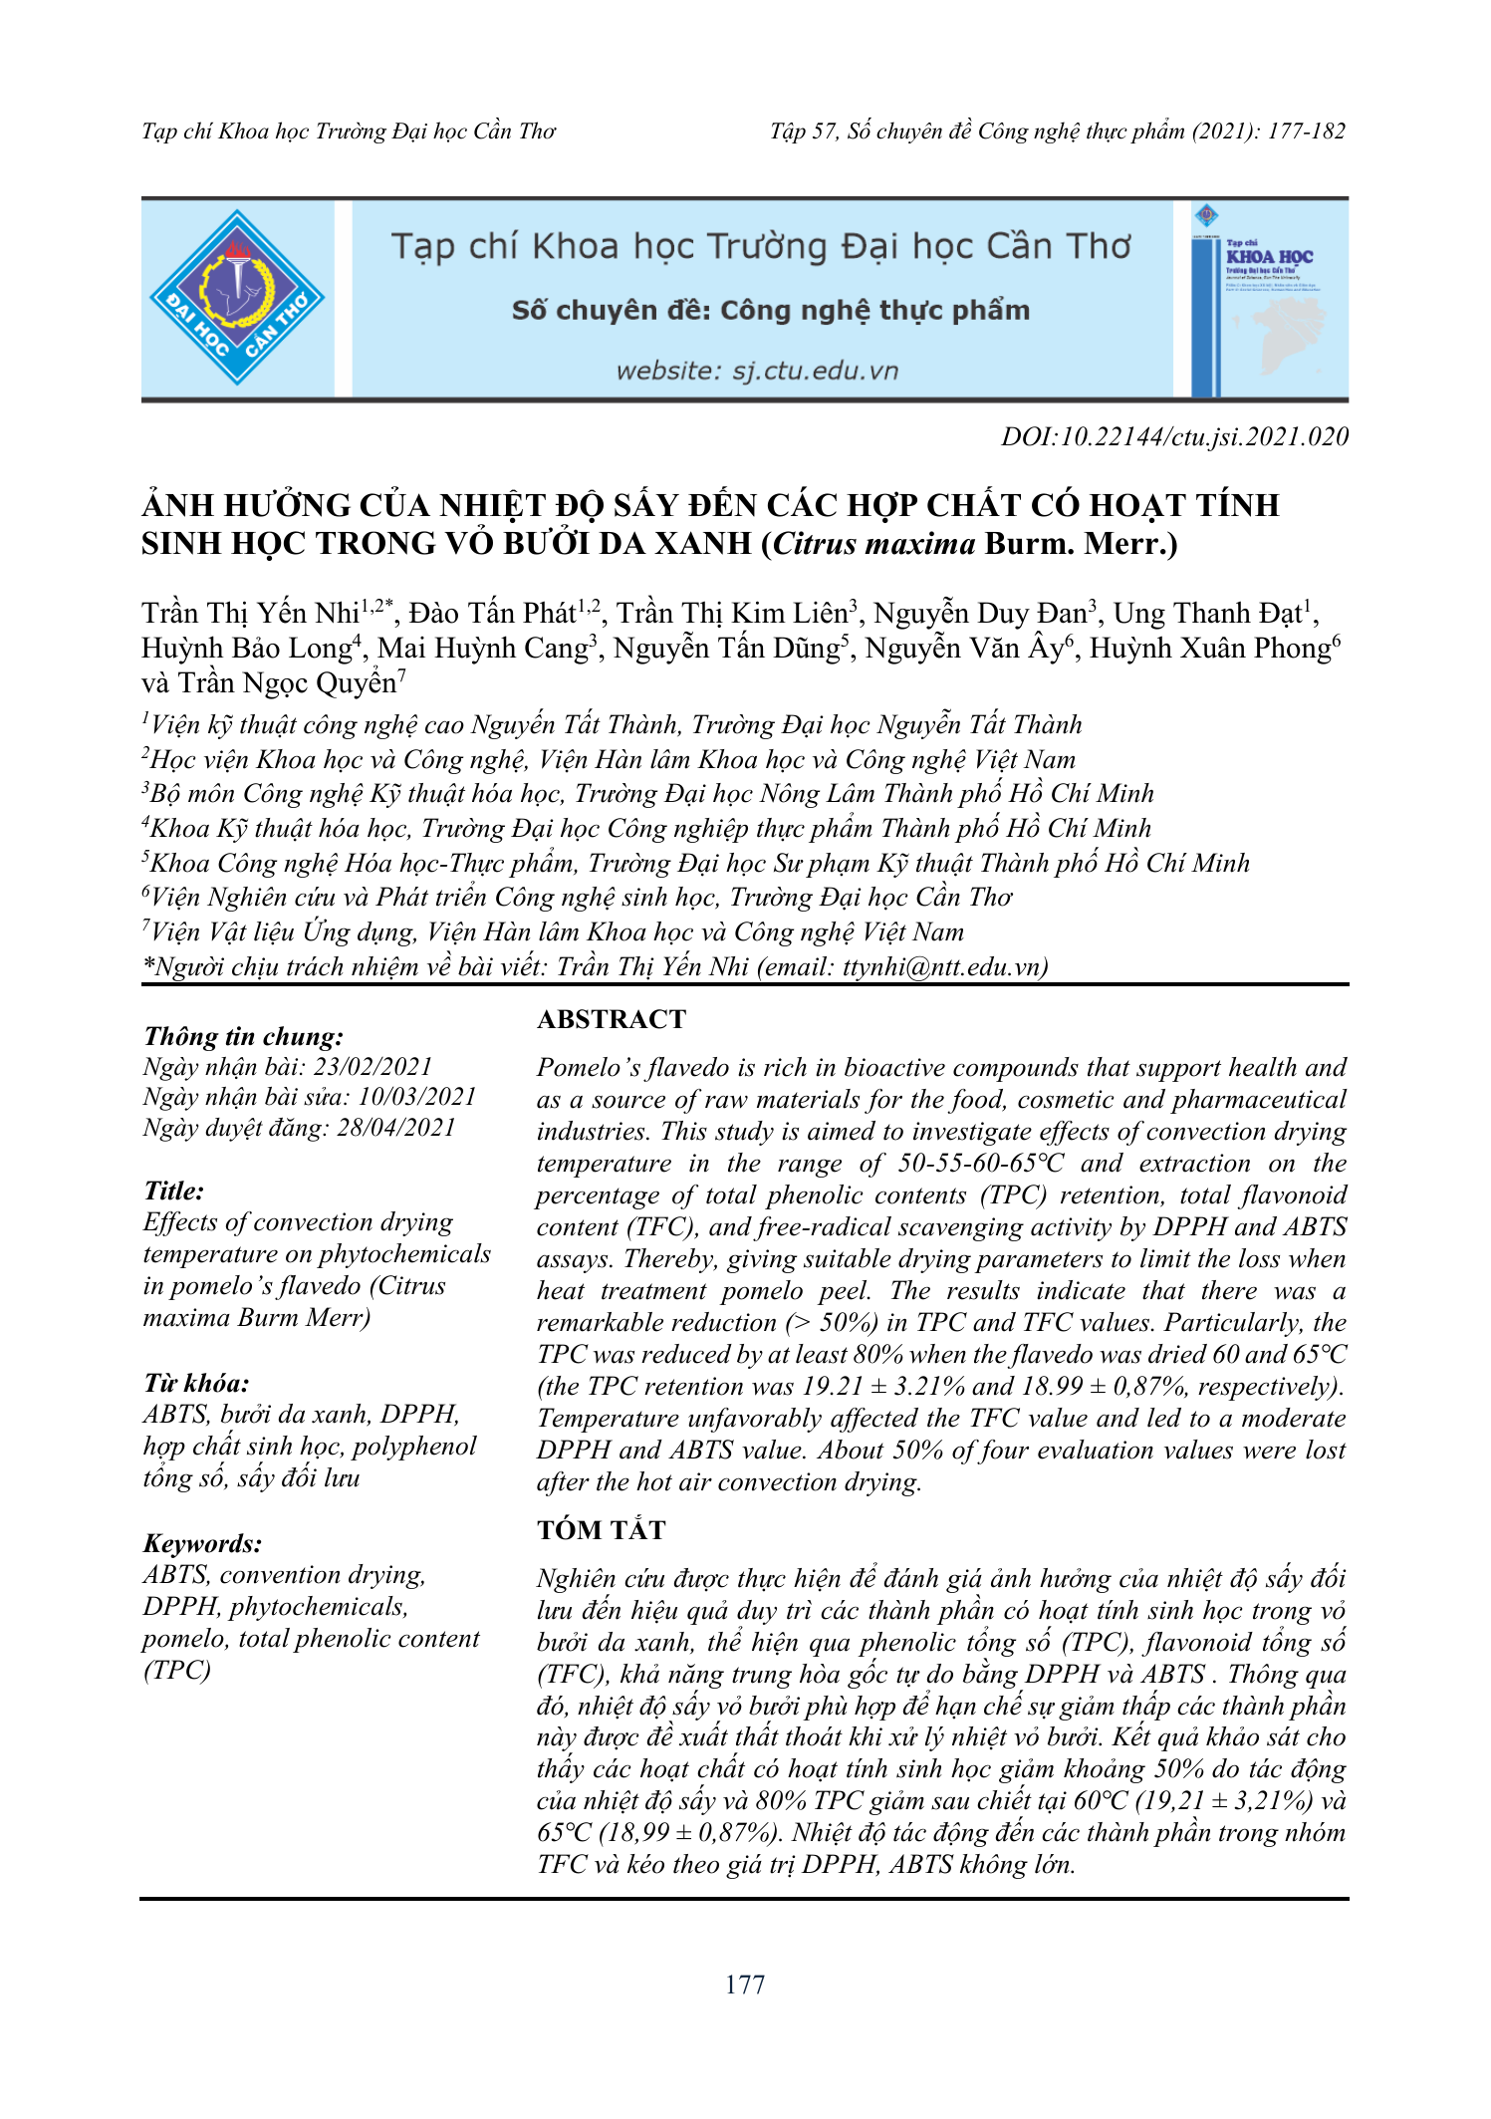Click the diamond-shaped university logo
237,298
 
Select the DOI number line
1174,436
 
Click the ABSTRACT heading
612,1019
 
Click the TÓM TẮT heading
602,1530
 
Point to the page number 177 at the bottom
745,1985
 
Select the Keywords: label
202,1543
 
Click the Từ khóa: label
196,1383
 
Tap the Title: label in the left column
173,1191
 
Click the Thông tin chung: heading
243,1036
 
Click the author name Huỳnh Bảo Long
246,649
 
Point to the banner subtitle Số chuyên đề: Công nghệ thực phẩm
770,311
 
